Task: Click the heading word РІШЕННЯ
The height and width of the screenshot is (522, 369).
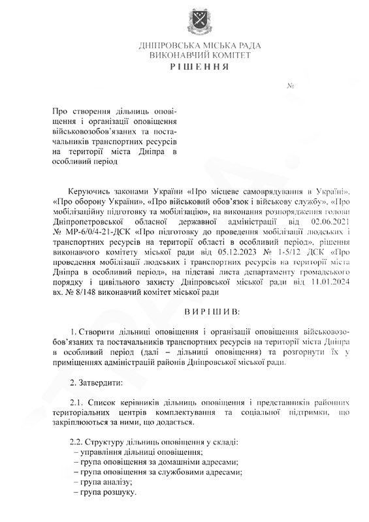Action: (199, 67)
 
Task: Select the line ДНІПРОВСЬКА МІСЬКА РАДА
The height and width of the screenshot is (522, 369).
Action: (200, 46)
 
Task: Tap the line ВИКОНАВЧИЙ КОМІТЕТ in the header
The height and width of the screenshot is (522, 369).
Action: (200, 55)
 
